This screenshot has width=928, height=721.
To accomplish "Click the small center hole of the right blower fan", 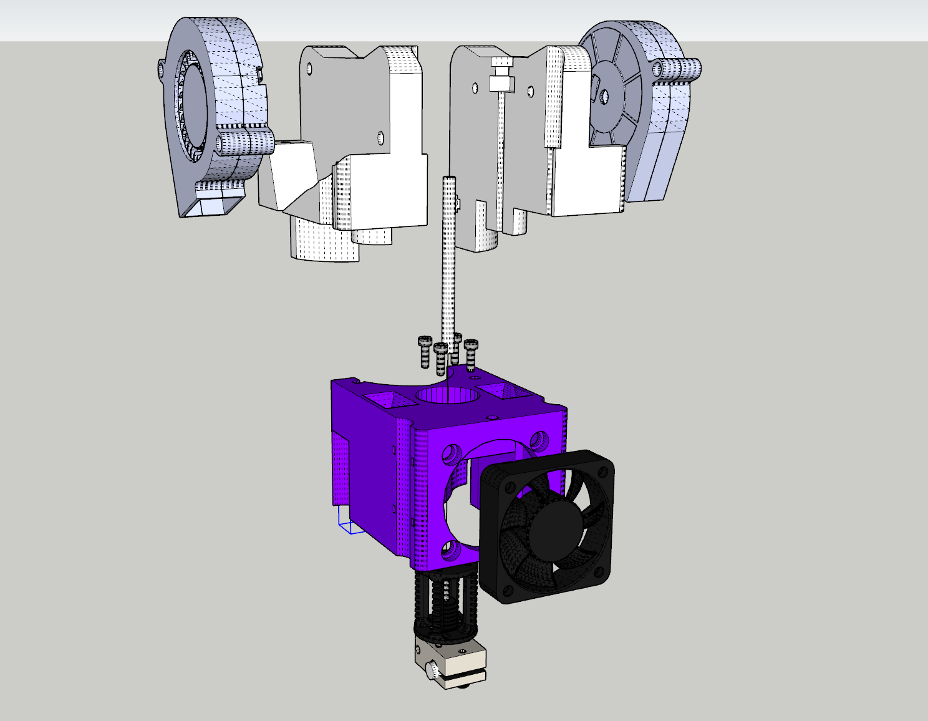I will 604,96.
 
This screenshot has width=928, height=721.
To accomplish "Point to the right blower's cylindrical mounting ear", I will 678,68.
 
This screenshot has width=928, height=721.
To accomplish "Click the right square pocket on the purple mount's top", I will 503,391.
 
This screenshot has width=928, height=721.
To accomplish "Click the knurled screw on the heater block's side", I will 432,672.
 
